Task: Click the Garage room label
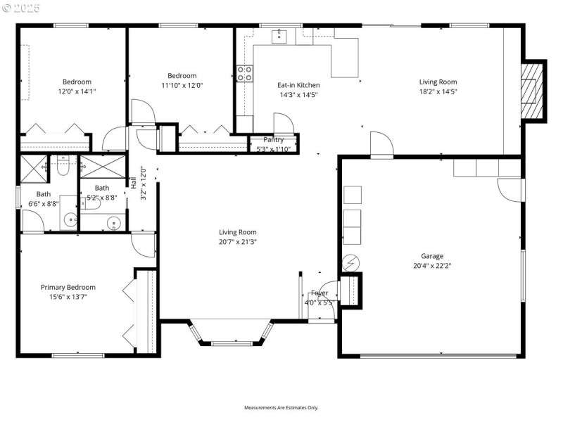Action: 432,256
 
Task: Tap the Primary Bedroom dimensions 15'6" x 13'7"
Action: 68,297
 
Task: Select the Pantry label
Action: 274,140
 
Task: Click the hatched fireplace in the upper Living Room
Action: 533,91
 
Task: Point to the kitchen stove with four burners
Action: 244,75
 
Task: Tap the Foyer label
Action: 320,293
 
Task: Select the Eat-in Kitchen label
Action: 298,85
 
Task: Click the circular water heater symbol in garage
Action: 350,264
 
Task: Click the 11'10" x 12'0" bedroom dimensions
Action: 182,86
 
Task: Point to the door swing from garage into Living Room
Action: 381,144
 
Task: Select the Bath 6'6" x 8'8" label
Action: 44,194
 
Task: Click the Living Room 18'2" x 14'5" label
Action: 438,82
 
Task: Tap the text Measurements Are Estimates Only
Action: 281,408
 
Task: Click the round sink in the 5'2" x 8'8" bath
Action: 113,224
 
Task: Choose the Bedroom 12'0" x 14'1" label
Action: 77,82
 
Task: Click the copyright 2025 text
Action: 21,8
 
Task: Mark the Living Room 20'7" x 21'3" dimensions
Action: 238,242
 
